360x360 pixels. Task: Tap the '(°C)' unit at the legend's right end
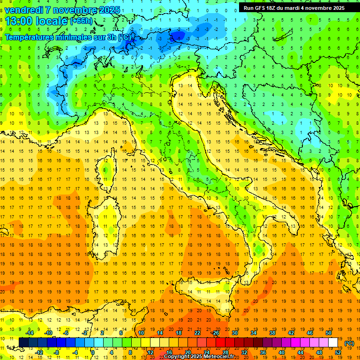[x=349, y=343]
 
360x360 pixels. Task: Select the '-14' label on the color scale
[x=31, y=333]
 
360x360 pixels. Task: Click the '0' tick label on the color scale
[x=93, y=352]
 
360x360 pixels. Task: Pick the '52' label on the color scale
[x=338, y=352]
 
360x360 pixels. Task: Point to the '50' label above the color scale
[x=329, y=333]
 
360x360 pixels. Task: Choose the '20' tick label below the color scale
[x=187, y=352]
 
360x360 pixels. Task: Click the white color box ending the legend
[x=333, y=343]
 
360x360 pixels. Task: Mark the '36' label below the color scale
[x=262, y=352]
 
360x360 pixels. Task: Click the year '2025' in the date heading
[x=109, y=10]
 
